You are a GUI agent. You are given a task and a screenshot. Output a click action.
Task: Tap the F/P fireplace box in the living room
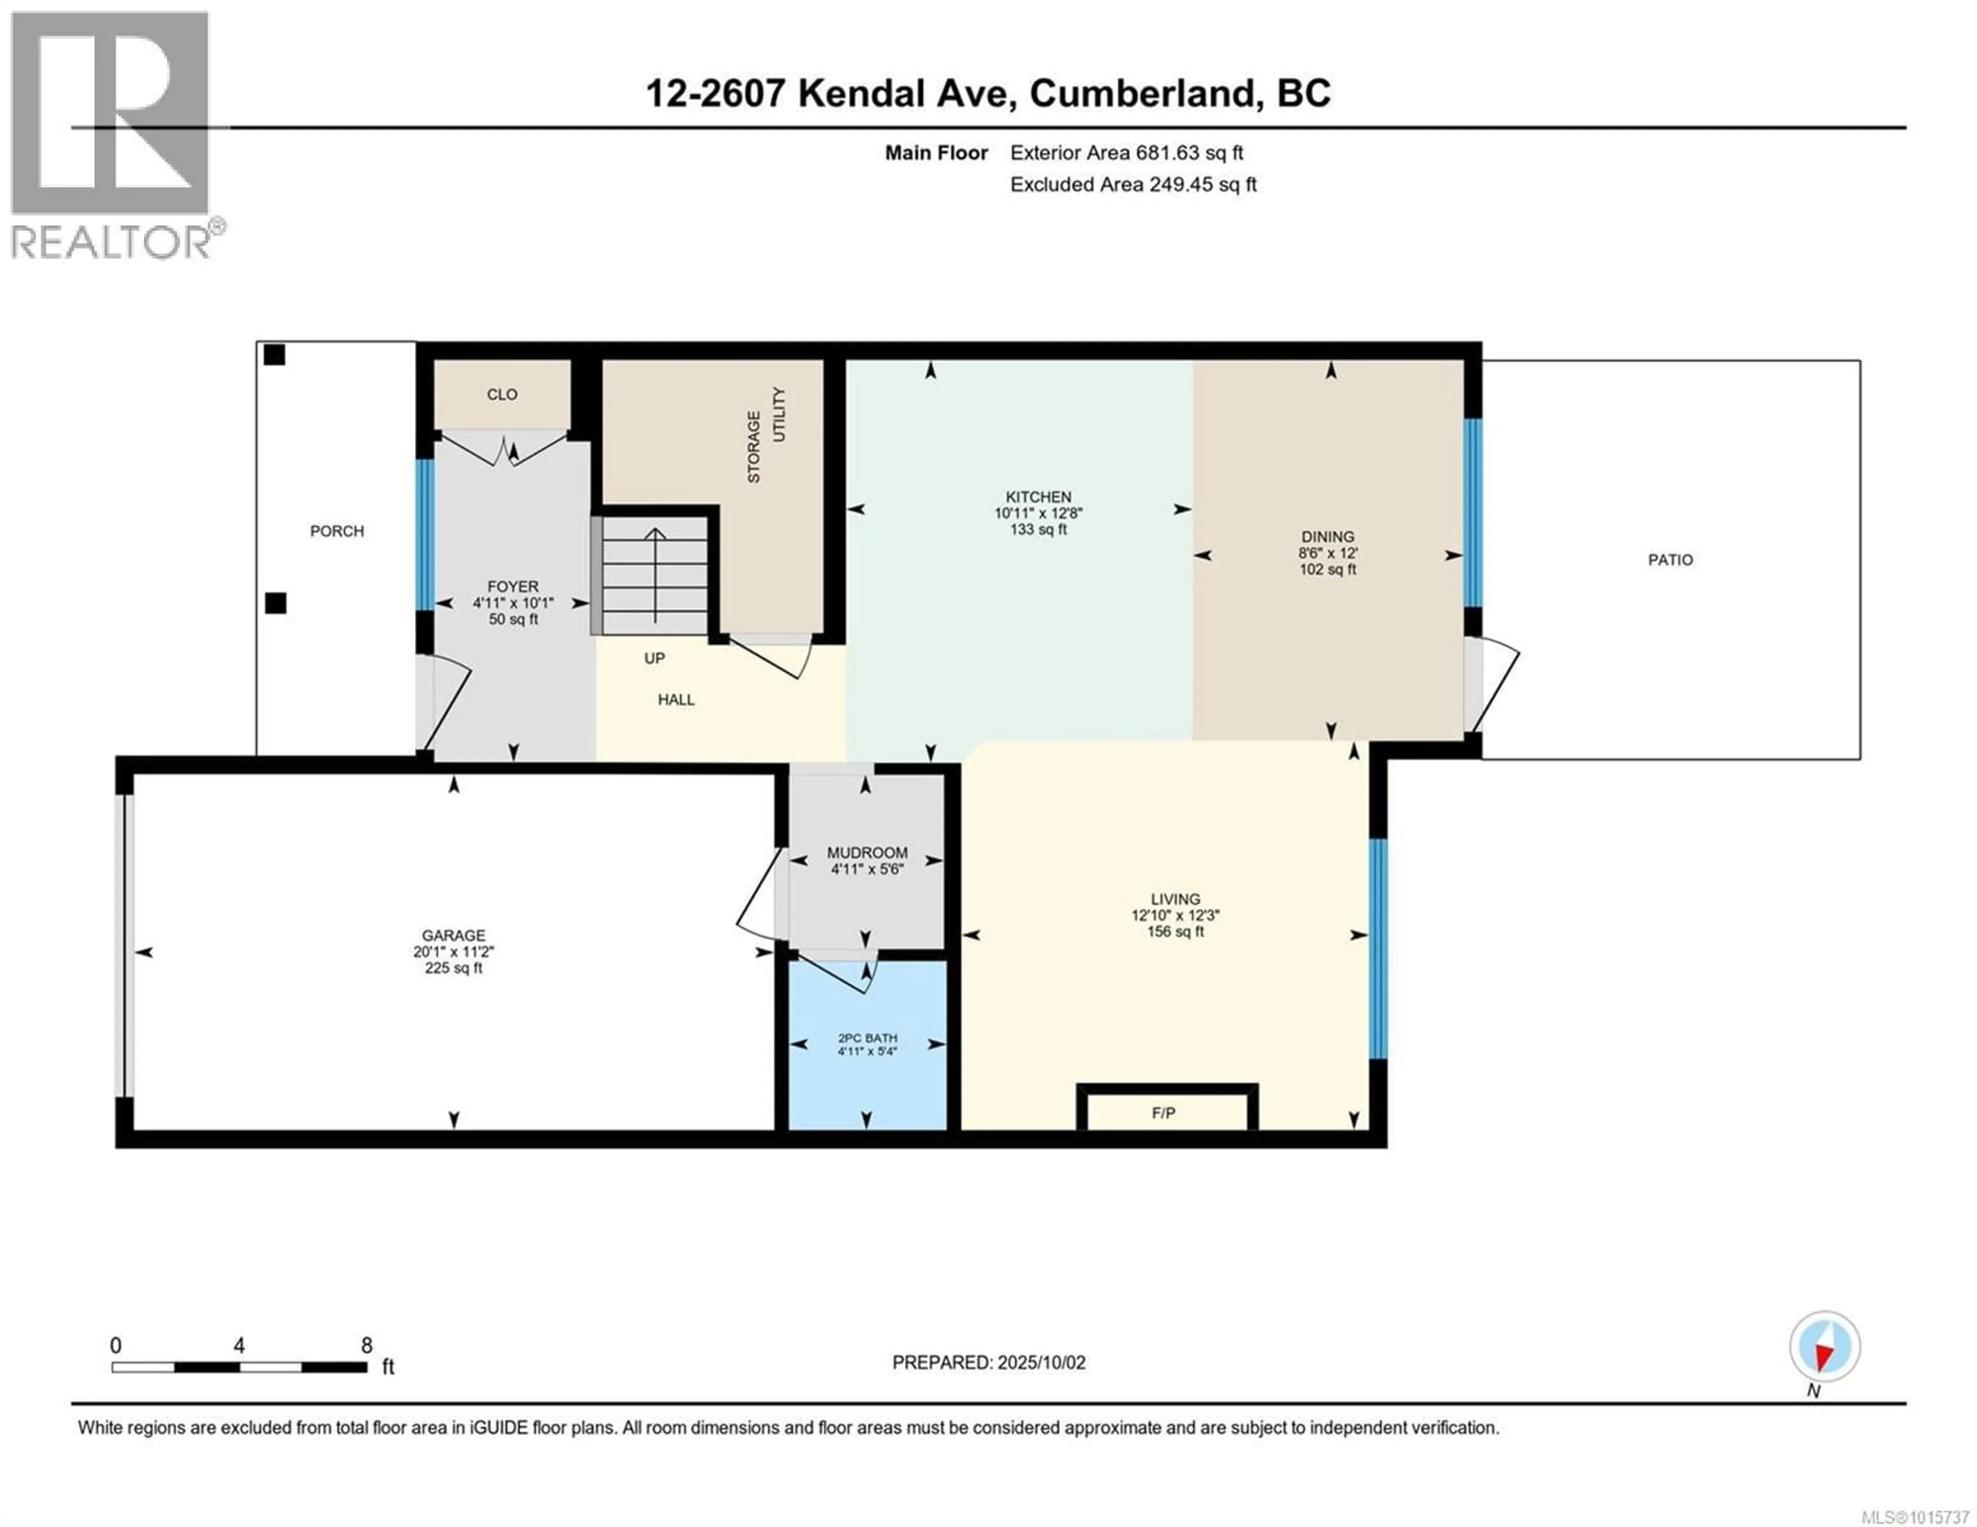(x=1165, y=1112)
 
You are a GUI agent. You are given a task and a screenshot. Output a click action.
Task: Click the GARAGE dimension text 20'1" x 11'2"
(x=454, y=951)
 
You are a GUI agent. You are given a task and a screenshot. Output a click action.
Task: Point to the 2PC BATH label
(x=866, y=1038)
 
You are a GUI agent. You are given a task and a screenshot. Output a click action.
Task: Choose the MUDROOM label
(x=866, y=853)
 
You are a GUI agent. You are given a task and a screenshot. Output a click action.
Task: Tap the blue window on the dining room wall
(x=1473, y=512)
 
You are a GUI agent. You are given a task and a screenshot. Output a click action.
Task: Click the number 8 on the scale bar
(x=367, y=1345)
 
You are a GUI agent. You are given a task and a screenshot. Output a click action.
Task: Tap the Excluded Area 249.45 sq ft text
(x=1133, y=185)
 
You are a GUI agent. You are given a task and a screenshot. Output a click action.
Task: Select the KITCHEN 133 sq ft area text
(x=1038, y=530)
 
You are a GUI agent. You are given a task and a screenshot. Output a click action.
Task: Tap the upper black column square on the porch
(x=274, y=355)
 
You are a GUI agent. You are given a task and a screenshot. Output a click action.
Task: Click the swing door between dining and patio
(x=1492, y=684)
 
